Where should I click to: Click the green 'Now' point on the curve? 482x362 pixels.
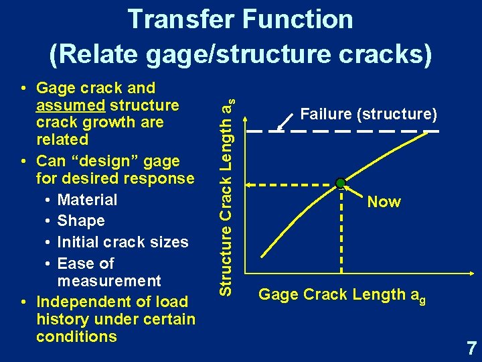point(341,183)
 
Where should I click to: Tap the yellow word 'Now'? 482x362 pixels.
point(384,202)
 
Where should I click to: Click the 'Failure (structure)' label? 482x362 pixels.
point(368,114)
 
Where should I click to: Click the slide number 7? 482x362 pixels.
point(471,348)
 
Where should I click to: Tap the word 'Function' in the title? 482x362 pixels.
point(298,19)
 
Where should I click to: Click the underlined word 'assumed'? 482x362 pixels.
point(70,105)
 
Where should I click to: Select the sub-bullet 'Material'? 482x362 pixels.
point(87,200)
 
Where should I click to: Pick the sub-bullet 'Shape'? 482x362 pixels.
point(81,221)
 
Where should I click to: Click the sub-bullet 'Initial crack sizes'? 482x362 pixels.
point(123,241)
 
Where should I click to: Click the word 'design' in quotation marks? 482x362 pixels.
point(110,161)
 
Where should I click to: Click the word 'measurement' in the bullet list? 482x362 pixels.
point(109,280)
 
